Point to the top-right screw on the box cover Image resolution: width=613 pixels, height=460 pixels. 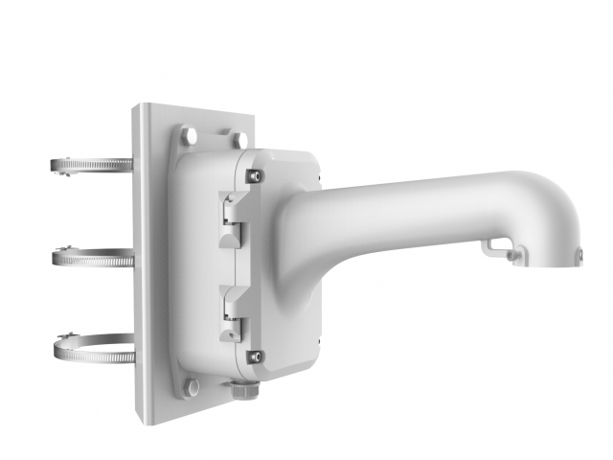[253, 175]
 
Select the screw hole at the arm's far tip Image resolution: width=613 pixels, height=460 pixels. [579, 254]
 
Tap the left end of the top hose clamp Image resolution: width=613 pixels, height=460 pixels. [56, 165]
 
